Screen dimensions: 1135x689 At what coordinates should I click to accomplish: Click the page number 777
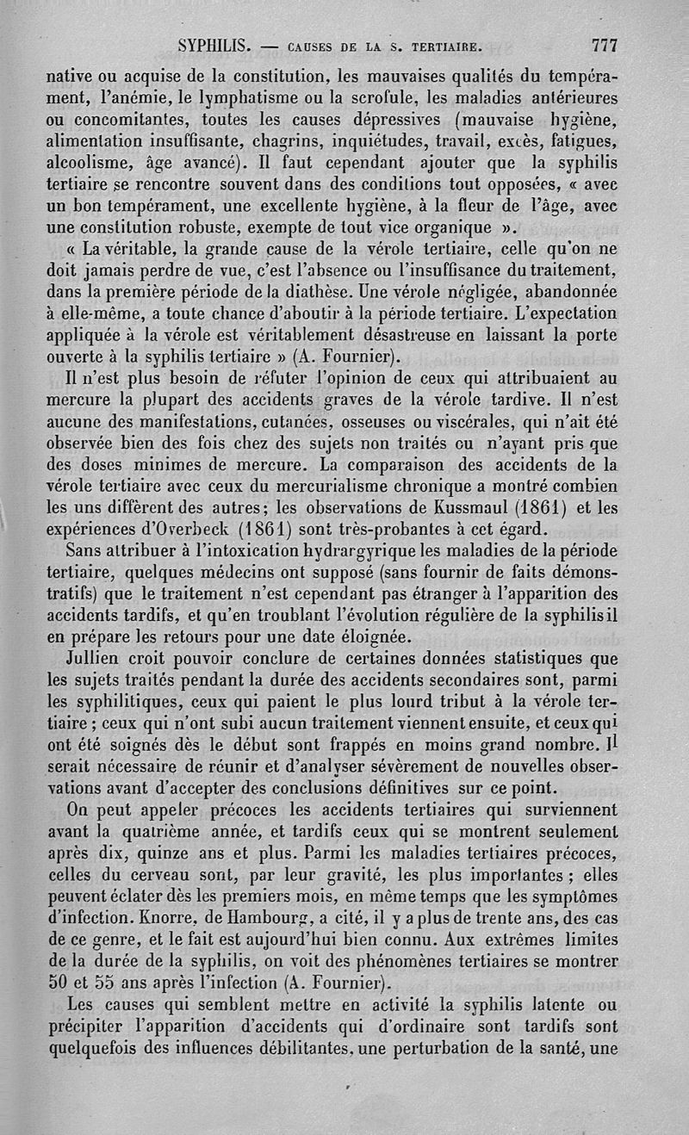(599, 44)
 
